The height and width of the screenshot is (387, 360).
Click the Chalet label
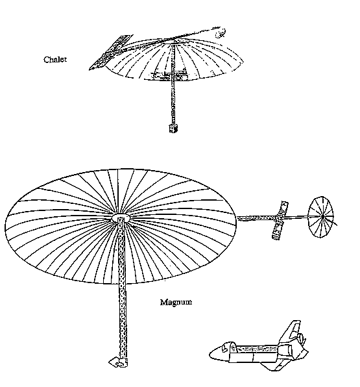click(55, 60)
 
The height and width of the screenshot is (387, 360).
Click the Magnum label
click(176, 302)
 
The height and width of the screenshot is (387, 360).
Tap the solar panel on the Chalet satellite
click(110, 53)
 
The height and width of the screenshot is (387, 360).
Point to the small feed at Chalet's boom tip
click(220, 33)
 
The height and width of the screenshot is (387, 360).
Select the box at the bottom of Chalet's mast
click(173, 129)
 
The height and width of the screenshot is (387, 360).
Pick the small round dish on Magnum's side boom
click(320, 217)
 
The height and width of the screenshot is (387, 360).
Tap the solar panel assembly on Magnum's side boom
click(280, 220)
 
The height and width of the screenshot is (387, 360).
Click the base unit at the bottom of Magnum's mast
click(118, 362)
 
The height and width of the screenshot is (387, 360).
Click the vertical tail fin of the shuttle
click(293, 331)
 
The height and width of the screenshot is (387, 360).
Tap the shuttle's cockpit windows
click(225, 347)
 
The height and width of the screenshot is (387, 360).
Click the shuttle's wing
click(274, 366)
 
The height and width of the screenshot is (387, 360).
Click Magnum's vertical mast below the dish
click(123, 321)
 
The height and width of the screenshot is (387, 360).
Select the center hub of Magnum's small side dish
click(322, 217)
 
